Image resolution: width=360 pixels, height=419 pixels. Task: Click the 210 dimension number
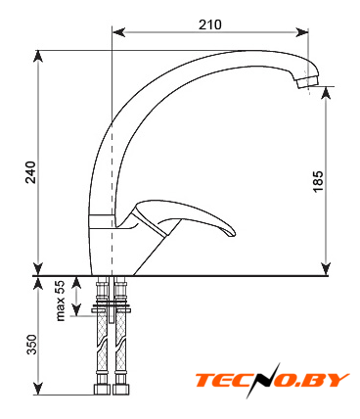coord(210,24)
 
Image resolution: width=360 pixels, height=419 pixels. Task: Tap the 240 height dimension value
coord(31,172)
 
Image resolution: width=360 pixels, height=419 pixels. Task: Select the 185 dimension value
coord(318,181)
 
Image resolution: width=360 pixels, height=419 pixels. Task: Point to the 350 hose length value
coord(31,345)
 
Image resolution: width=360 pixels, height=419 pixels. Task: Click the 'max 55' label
coord(61,301)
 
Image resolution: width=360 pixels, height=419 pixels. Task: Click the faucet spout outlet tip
coord(307,82)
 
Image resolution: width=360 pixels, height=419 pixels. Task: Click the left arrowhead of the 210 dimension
coord(118,32)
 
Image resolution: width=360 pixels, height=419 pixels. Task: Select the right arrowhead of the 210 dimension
coord(302,32)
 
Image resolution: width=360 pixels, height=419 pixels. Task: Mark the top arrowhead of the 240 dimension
coord(38,57)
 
